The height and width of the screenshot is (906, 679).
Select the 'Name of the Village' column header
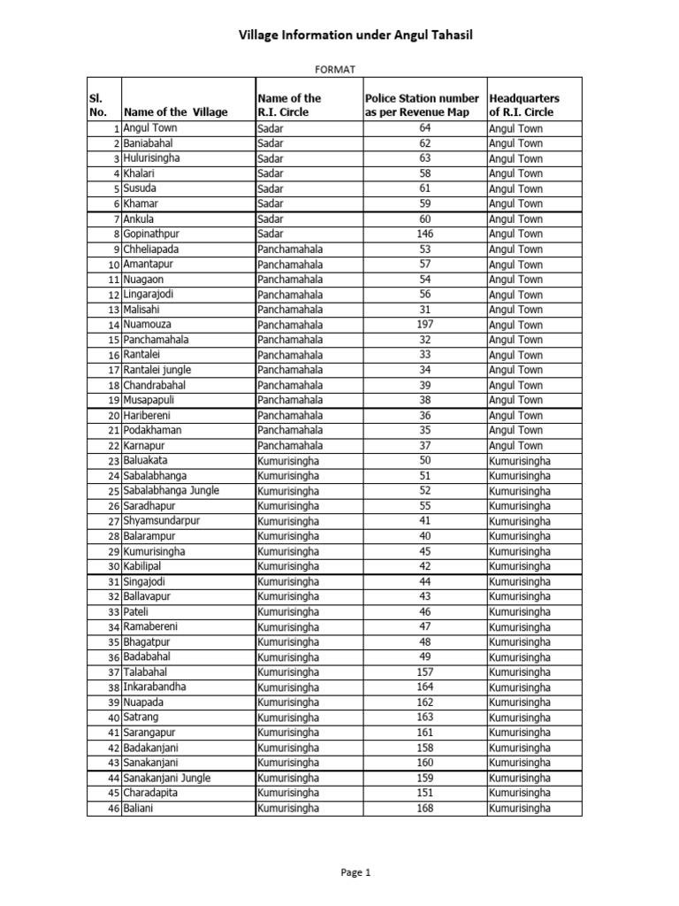[x=176, y=112]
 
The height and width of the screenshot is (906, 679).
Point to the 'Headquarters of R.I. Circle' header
[x=524, y=105]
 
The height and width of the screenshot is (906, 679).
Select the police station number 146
[x=425, y=234]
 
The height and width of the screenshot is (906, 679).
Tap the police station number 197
[x=425, y=325]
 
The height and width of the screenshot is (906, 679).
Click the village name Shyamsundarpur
[x=162, y=521]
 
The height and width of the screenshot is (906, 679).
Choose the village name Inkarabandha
[x=155, y=687]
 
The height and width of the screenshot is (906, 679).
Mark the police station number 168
[x=425, y=808]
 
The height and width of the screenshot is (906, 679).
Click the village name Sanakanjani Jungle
[x=167, y=778]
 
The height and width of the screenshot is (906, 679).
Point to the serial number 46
[x=113, y=809]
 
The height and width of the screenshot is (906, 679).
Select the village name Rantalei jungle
[x=157, y=370]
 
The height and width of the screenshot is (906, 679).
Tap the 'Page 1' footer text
[x=356, y=872]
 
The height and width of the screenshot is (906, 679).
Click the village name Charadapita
[x=152, y=793]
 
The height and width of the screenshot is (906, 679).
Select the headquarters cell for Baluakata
[x=520, y=461]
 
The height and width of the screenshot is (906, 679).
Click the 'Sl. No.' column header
[x=98, y=105]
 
